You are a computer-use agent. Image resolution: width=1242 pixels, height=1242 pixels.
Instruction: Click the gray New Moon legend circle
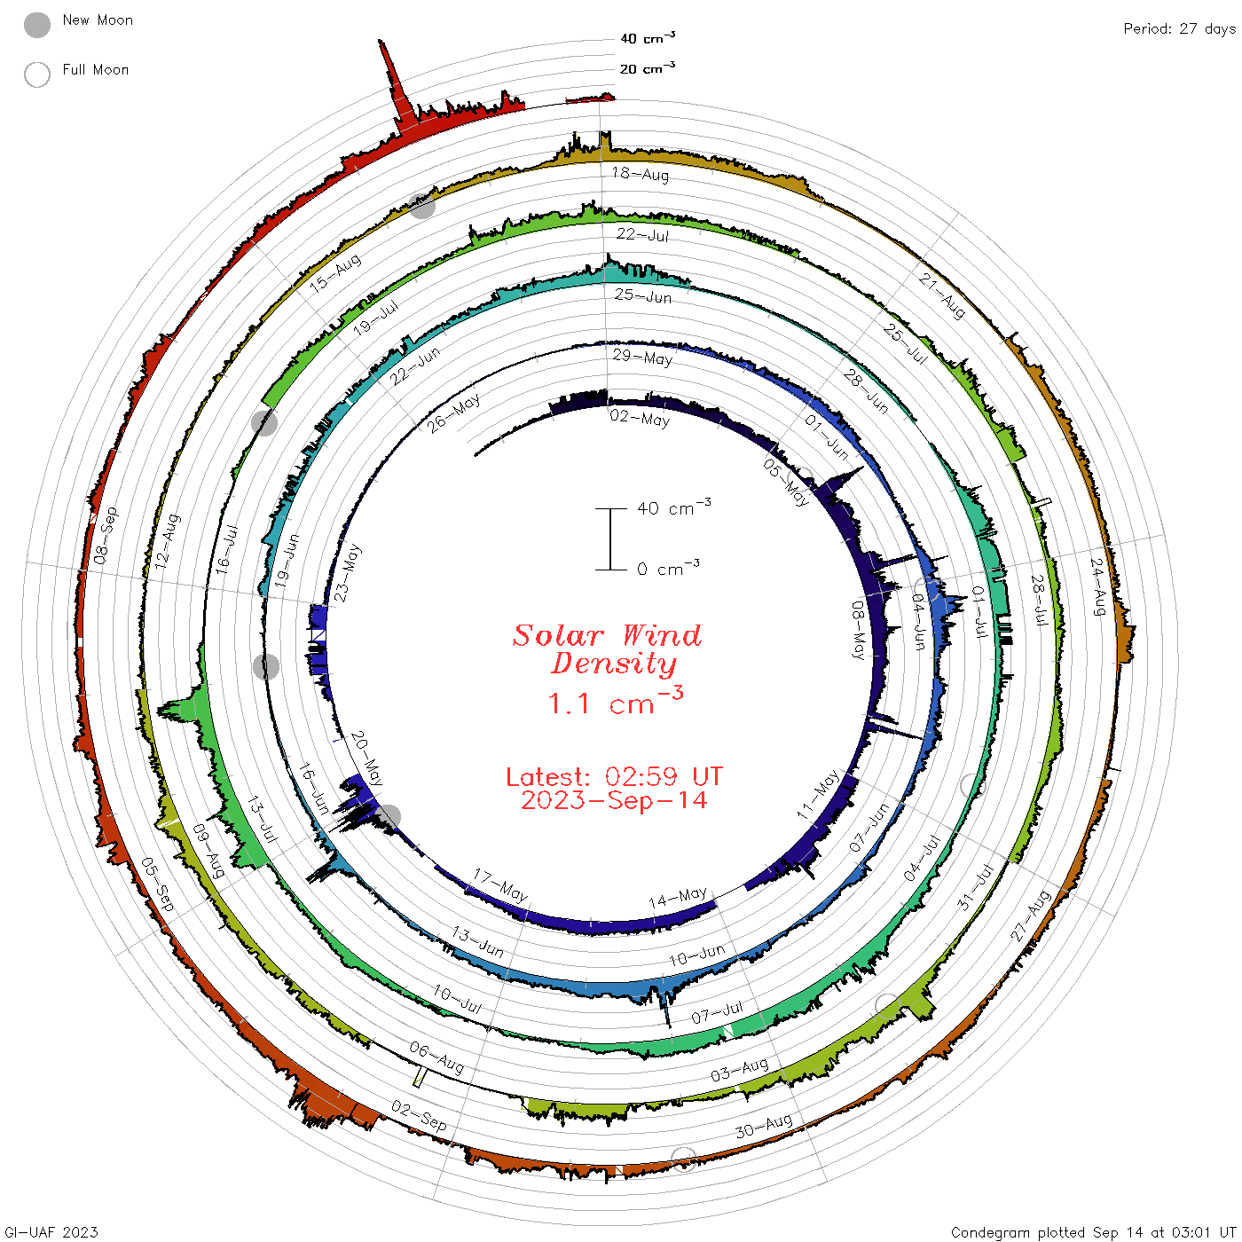pyautogui.click(x=37, y=25)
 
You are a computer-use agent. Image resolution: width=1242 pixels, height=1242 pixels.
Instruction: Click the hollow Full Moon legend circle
pyautogui.click(x=37, y=75)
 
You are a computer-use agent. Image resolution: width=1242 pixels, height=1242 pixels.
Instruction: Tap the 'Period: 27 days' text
pyautogui.click(x=1180, y=29)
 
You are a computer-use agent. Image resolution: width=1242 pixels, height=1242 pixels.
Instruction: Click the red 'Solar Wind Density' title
pyautogui.click(x=607, y=649)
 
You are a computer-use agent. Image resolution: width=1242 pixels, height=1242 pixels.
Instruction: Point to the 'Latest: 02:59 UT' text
pyautogui.click(x=614, y=776)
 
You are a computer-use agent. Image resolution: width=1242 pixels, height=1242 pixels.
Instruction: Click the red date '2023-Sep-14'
pyautogui.click(x=614, y=800)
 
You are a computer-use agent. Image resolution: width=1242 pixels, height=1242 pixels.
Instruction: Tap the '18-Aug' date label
pyautogui.click(x=640, y=174)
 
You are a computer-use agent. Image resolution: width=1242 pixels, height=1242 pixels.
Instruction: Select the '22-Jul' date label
pyautogui.click(x=642, y=235)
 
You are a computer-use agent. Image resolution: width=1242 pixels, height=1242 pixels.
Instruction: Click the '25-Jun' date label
pyautogui.click(x=642, y=295)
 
